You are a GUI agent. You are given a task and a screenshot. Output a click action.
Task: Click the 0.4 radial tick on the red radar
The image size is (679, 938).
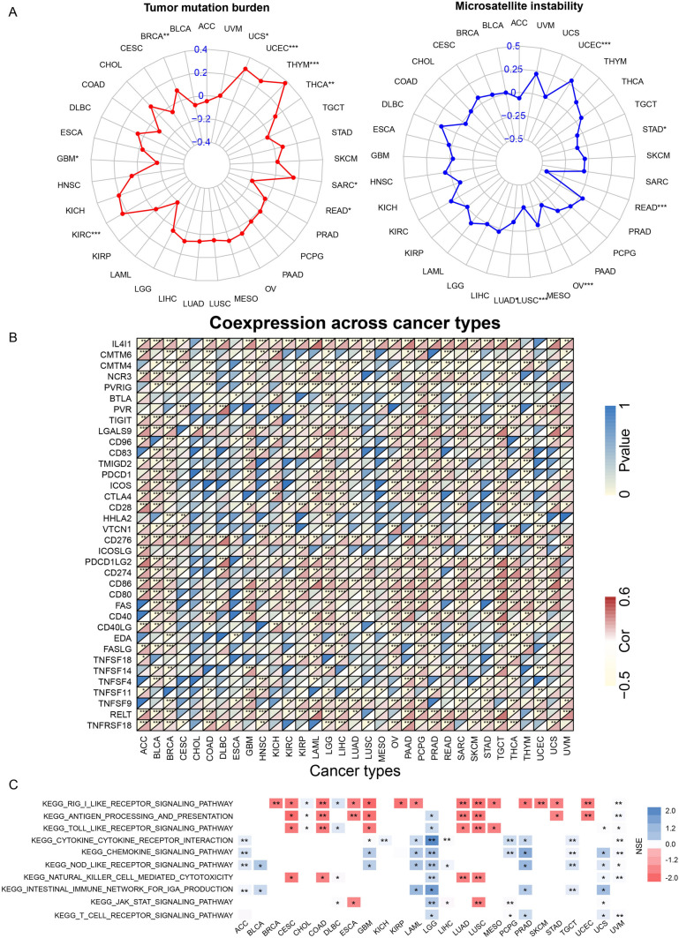coord(202,49)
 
